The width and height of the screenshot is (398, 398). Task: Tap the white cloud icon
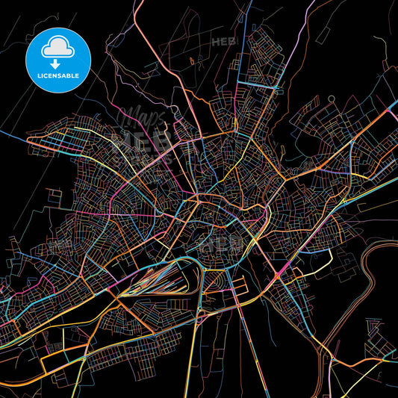pos(57,49)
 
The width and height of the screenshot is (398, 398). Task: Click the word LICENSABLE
pos(57,77)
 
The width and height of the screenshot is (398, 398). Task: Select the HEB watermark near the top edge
pos(223,42)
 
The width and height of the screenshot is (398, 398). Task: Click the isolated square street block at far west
pos(54,196)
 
